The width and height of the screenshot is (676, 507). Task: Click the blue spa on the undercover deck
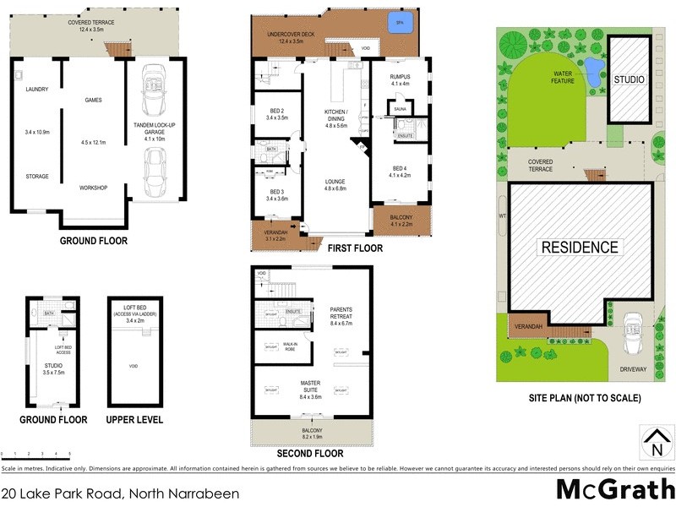pos(394,23)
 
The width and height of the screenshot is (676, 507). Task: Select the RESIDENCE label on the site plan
pos(580,248)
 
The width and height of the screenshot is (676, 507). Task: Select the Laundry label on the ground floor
pos(36,89)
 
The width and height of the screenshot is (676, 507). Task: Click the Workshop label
pos(93,187)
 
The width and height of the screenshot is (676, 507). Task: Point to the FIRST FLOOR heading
pos(355,248)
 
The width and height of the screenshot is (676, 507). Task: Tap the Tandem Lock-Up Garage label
pos(154,127)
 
